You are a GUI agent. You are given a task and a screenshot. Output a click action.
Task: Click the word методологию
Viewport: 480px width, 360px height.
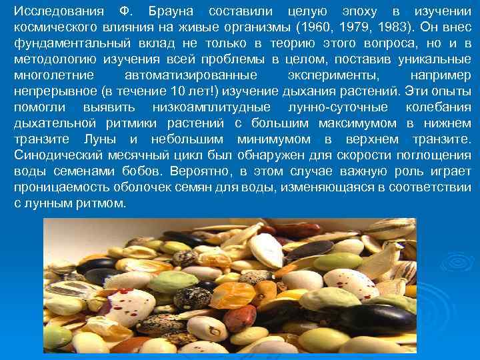[x=60, y=59]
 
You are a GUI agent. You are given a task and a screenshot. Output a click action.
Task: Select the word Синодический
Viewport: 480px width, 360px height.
[x=57, y=155]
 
